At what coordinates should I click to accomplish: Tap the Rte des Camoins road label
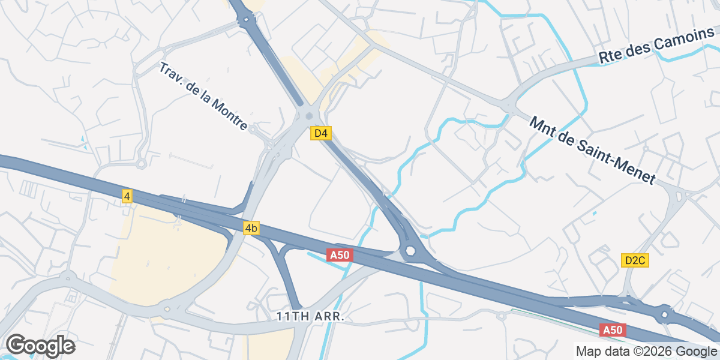tap(657, 47)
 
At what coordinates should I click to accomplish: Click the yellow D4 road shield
tap(321, 133)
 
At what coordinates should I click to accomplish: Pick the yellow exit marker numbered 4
tap(127, 196)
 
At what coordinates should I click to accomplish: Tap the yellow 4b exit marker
tap(251, 228)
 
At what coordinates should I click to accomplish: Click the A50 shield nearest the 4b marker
tap(339, 255)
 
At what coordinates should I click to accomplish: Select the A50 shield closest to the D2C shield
tap(613, 330)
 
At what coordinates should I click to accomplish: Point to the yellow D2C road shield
tap(635, 260)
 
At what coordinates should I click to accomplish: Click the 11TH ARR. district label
tap(310, 316)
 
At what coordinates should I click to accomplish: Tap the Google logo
tap(40, 346)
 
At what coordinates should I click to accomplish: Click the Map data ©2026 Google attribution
tap(646, 351)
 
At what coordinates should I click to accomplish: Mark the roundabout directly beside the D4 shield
tap(309, 116)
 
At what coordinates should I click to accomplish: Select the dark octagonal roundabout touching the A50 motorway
tap(411, 251)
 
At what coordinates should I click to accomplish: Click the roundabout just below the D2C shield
tap(665, 314)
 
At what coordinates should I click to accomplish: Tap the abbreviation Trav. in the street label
tap(170, 73)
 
